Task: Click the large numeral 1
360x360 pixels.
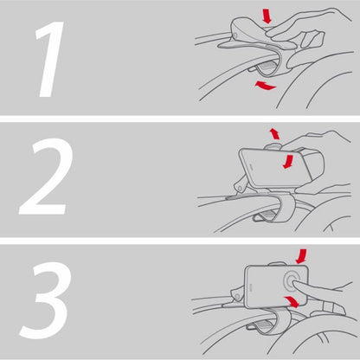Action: (50, 59)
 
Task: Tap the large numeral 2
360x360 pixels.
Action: (46, 177)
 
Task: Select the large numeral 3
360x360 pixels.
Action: (46, 300)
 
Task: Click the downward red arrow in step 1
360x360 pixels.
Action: (267, 16)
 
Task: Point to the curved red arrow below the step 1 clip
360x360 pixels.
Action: (266, 86)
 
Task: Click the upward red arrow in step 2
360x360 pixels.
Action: (274, 134)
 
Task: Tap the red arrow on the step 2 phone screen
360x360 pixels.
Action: (288, 162)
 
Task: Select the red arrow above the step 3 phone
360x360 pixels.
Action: (301, 257)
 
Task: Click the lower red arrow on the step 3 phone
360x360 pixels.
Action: (292, 301)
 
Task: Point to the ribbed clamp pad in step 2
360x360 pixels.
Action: (270, 215)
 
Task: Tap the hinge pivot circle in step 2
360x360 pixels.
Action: (239, 188)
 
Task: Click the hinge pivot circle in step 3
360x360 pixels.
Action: (237, 297)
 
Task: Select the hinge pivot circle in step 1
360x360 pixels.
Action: (235, 35)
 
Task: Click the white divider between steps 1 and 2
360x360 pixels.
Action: (180, 119)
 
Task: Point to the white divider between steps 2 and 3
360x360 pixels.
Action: (180, 241)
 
